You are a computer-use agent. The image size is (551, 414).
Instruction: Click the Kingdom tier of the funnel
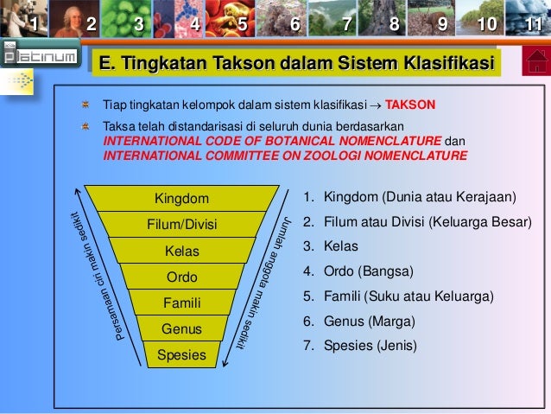point(181,199)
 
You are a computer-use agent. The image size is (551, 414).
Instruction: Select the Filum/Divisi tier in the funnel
point(181,226)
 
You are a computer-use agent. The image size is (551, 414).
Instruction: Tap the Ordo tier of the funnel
point(181,277)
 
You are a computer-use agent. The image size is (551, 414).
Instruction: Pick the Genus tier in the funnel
point(181,329)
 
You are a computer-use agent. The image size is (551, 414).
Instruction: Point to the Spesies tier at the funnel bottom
point(181,354)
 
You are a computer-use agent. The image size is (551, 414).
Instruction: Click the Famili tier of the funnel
point(181,303)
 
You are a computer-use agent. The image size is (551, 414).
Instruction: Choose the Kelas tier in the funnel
point(181,252)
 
